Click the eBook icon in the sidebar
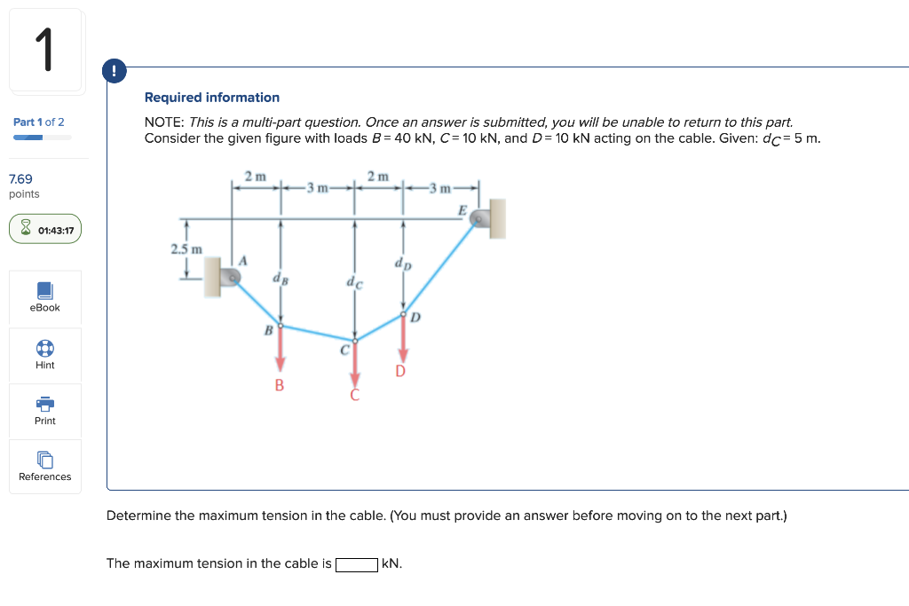click(44, 291)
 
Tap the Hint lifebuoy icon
click(44, 348)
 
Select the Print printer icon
click(44, 404)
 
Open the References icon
click(44, 460)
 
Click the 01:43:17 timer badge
click(45, 230)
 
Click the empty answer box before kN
click(357, 564)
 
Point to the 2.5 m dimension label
click(186, 249)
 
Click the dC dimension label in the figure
click(354, 284)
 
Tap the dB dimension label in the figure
click(280, 279)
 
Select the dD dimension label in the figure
click(402, 264)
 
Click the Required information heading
click(212, 98)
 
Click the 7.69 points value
click(20, 179)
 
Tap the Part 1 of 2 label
click(38, 122)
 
